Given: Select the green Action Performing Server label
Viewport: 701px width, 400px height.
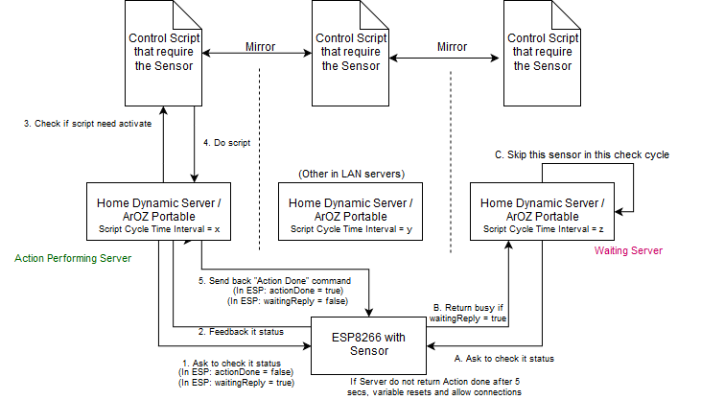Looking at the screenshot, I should (73, 258).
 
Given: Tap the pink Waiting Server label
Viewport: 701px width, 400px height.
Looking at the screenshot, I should (628, 251).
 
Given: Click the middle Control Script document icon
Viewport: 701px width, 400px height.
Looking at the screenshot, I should (352, 53).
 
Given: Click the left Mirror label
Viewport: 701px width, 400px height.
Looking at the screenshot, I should (261, 45).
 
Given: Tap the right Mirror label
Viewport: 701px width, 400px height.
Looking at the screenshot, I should (452, 45).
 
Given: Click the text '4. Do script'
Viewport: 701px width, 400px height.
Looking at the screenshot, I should (226, 143).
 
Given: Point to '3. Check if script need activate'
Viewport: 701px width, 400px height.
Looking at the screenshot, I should (87, 124).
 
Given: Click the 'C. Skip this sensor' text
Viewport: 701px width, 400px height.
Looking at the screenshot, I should (580, 153).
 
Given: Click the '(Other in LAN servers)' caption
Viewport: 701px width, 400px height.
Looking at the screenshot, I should (352, 173).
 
